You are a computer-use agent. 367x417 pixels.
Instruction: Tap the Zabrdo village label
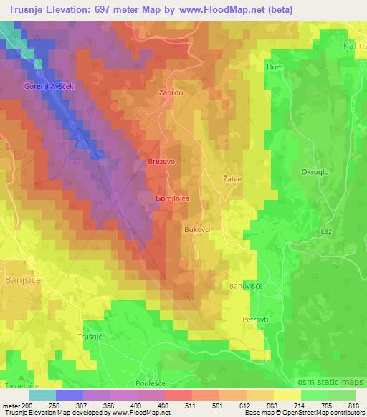coord(162,93)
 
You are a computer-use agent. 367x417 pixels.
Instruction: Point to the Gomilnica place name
coord(172,196)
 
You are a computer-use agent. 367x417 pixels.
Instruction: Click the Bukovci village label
coord(197,230)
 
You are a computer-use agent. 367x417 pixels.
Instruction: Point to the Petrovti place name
coord(255,317)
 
